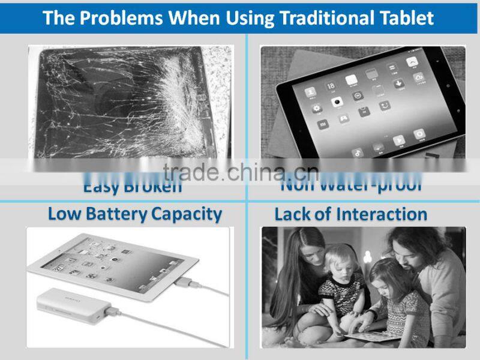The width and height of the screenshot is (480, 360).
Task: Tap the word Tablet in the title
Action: point(406,17)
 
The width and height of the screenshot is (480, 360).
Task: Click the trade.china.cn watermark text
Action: point(240,172)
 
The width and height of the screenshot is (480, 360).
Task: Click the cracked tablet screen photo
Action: point(129,102)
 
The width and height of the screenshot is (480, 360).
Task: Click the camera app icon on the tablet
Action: point(338,100)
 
